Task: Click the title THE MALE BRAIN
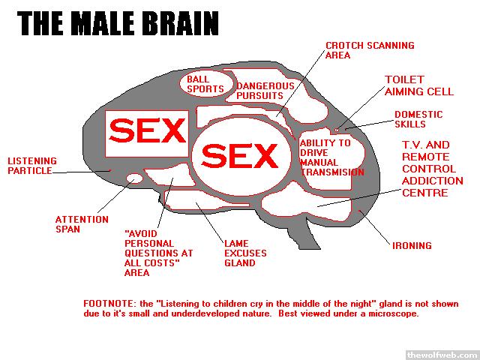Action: [118, 22]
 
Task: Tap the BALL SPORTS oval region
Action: [202, 83]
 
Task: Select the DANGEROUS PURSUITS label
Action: [260, 91]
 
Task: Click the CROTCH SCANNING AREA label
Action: [369, 50]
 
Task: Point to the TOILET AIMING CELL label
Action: [418, 85]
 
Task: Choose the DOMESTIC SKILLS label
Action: [418, 119]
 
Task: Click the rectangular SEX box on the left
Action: [147, 133]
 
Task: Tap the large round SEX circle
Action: [240, 156]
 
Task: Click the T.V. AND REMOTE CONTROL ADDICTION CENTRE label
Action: [432, 169]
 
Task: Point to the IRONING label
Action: [412, 245]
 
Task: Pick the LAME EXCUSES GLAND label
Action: [245, 253]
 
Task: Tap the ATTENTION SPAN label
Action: [76, 224]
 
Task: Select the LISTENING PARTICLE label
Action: [30, 166]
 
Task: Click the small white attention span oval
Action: [135, 178]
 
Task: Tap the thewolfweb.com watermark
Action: [441, 353]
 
